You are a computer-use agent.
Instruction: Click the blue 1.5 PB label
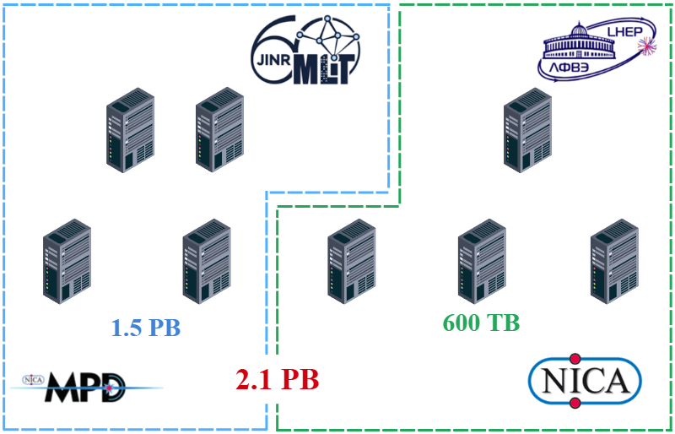tap(146, 328)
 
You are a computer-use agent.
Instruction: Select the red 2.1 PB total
tap(278, 380)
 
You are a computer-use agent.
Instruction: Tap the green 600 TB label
tap(481, 323)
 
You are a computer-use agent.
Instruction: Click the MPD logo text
tap(85, 387)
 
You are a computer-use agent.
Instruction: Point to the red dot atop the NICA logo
tap(576, 358)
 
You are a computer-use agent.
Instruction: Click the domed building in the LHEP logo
tap(575, 42)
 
